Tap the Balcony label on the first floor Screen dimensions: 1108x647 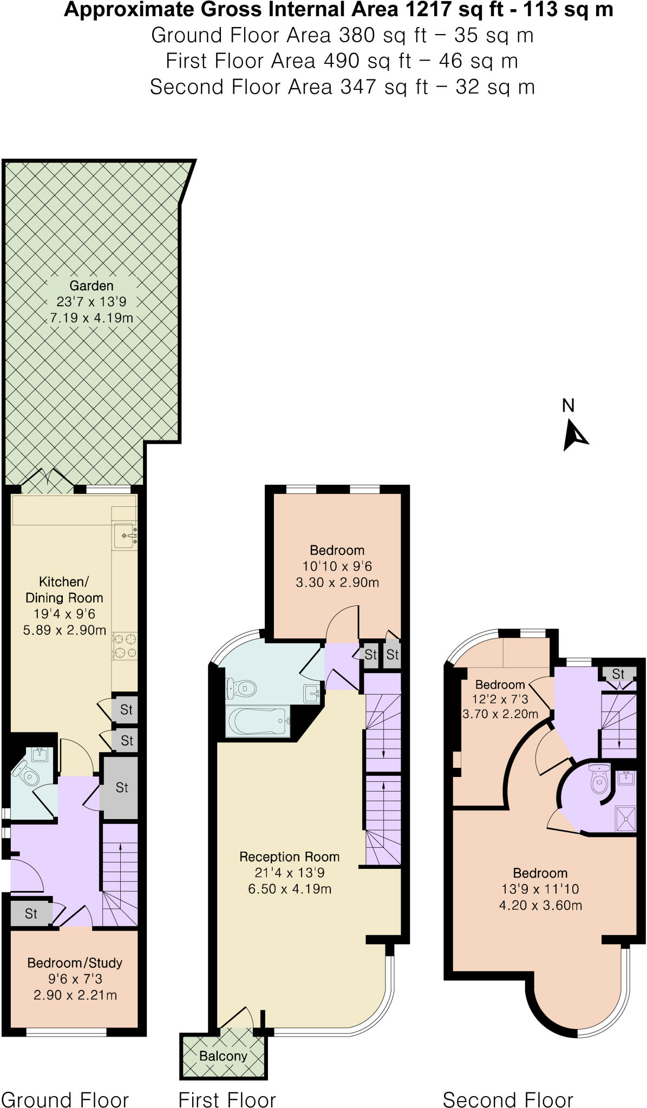[223, 1056]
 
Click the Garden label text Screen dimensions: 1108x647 [92, 286]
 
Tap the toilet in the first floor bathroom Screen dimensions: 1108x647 [241, 689]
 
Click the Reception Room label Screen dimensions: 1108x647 [289, 856]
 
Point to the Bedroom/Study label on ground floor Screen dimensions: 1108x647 [75, 962]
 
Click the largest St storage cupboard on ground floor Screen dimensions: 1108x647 [121, 788]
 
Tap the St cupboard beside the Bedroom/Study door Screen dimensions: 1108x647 [31, 914]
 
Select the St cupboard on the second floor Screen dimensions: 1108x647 [618, 674]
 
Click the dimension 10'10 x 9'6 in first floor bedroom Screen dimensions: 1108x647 [337, 566]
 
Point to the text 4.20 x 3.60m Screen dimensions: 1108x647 [540, 905]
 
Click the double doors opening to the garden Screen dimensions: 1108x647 [48, 481]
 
